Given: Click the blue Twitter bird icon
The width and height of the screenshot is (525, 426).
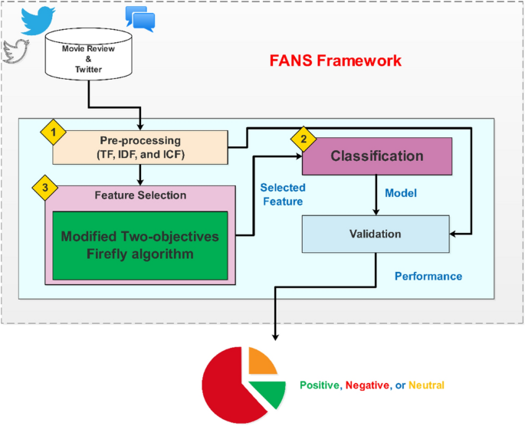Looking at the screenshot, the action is (38, 21).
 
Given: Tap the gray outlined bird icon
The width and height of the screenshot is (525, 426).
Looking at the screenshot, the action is (15, 51).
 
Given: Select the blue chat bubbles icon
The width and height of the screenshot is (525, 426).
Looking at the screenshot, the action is (140, 18).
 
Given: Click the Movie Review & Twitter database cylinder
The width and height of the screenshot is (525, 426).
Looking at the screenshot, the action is (88, 54).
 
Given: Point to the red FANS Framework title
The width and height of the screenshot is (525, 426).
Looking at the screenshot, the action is (336, 61).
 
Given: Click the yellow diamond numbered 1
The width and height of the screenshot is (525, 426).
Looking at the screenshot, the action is (53, 133).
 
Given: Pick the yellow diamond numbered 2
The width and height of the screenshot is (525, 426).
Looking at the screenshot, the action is (304, 139).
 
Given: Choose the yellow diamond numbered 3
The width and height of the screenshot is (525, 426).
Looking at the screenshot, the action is (45, 188).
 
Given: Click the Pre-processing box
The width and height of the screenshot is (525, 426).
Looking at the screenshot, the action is (140, 147).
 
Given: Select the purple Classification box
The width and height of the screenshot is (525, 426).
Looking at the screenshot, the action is (377, 156).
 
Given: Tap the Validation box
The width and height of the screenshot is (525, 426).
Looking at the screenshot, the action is (376, 234).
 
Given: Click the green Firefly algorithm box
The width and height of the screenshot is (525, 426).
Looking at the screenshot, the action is (140, 245).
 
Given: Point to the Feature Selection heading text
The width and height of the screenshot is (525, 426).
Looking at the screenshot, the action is (140, 195).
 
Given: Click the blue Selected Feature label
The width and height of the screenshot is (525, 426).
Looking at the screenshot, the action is (283, 195).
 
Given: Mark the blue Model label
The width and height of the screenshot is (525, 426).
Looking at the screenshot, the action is (401, 193).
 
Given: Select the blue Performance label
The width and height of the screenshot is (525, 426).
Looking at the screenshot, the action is (428, 276).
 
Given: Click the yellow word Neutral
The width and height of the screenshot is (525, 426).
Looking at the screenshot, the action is (426, 385).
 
